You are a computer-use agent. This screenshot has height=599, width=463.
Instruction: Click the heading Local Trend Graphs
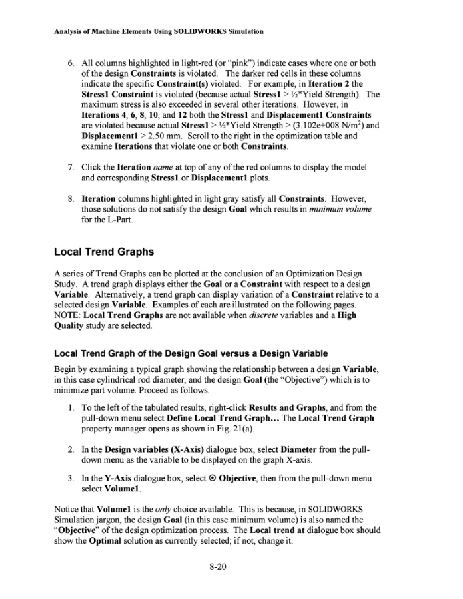point(104,252)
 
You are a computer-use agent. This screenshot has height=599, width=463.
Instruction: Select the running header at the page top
point(158,31)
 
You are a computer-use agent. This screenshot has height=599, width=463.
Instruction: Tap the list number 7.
point(73,167)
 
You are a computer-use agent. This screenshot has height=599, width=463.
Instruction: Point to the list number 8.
point(73,198)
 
